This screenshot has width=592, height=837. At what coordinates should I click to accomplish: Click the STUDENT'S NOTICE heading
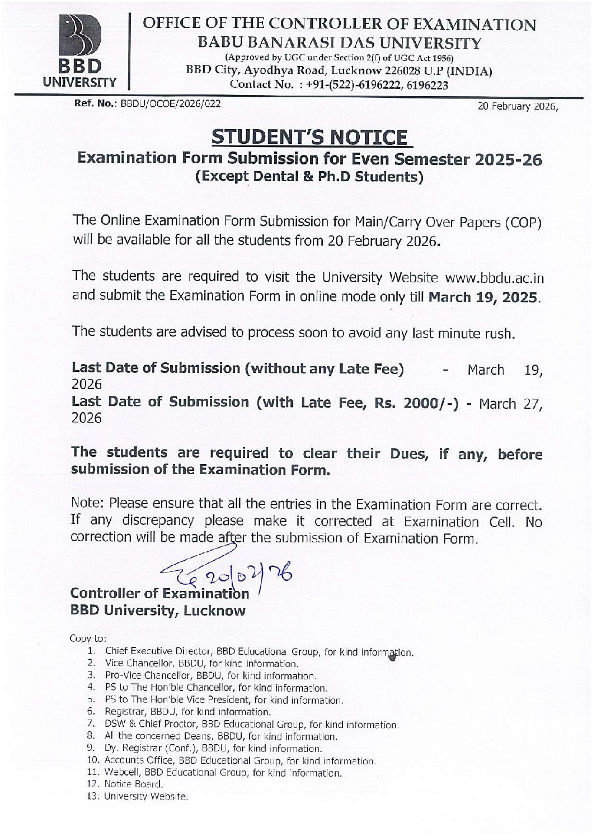[311, 137]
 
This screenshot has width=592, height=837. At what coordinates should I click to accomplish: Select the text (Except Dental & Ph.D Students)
[309, 177]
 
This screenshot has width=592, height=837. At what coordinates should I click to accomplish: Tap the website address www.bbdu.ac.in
[494, 277]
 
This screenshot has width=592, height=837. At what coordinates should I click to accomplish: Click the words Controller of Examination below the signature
[160, 593]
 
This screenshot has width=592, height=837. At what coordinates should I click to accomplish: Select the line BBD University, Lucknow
[158, 610]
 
